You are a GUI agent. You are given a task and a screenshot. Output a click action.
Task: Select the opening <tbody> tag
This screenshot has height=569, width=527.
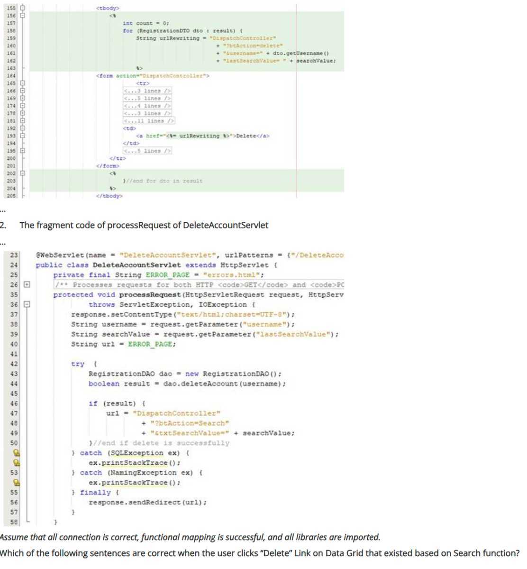(x=108, y=8)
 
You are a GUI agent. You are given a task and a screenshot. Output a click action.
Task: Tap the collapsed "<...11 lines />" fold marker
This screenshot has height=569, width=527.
(x=149, y=121)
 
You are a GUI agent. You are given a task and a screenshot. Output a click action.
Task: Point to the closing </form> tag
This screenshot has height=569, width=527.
(x=108, y=166)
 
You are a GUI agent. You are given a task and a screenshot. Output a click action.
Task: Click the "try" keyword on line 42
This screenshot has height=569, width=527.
(x=78, y=364)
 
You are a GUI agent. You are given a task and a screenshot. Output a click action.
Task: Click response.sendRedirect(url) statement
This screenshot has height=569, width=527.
(x=147, y=503)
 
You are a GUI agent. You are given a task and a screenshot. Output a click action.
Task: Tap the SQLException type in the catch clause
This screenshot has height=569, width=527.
(x=135, y=453)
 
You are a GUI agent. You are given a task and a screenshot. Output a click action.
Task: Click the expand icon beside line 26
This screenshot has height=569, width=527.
(x=27, y=285)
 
